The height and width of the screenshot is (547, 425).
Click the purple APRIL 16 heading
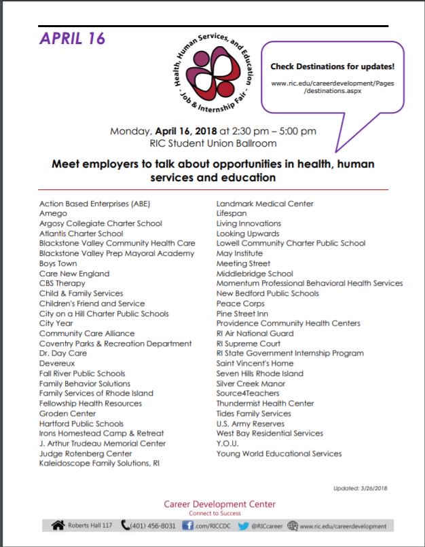pos(73,39)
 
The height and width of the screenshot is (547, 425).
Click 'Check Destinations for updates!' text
pos(332,67)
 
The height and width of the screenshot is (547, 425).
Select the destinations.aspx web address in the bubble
pos(332,86)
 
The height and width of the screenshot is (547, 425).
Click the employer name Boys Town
pos(58,263)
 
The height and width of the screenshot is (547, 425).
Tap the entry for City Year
pos(56,324)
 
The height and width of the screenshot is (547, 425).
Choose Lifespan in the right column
pos(232,213)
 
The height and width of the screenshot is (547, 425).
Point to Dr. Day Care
pos(63,354)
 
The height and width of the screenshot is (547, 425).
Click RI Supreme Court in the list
pos(248,343)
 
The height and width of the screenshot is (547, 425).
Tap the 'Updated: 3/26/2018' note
pos(361,488)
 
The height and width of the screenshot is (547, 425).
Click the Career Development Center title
pos(220,504)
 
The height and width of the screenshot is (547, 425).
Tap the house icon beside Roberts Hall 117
pos(58,526)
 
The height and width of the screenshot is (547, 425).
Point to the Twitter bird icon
pos(244,526)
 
